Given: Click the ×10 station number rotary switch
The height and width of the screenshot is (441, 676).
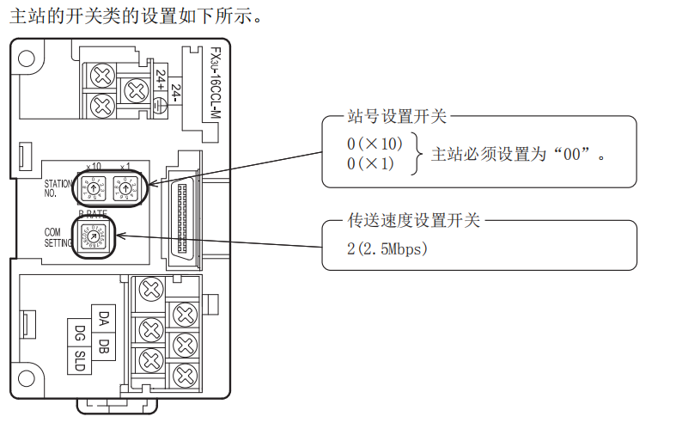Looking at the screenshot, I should (x=93, y=187).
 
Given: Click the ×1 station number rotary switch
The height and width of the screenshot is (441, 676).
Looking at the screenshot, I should (x=125, y=187).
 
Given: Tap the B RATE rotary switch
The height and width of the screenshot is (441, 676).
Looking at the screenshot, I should (x=93, y=236).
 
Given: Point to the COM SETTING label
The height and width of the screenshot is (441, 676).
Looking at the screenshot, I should (x=58, y=237).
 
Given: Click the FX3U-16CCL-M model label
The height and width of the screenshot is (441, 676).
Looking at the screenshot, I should (x=215, y=87).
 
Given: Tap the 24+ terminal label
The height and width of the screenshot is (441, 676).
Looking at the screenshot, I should (x=160, y=81).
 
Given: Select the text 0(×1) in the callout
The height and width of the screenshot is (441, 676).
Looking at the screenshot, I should (x=370, y=162).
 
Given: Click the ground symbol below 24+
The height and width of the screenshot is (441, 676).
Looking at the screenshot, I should (x=160, y=105).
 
